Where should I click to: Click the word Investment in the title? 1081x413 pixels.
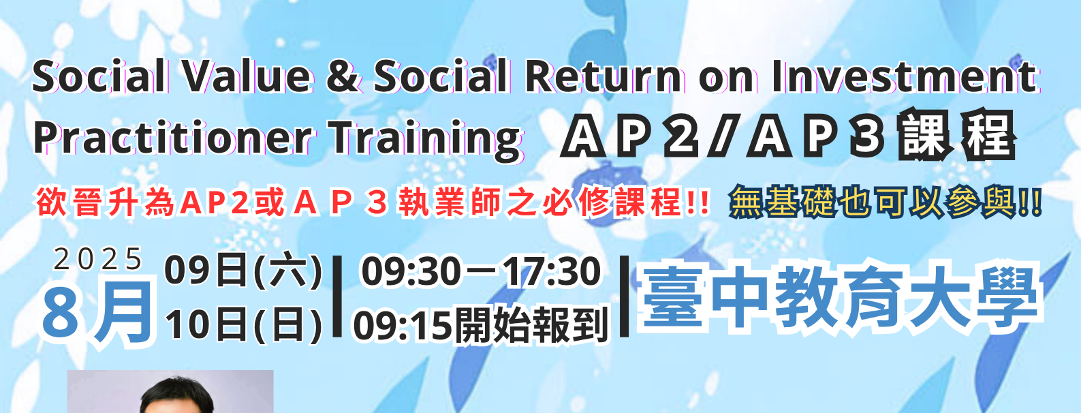tap(904, 76)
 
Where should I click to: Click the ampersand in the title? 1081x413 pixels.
tap(343, 76)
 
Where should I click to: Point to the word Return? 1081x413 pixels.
tap(604, 76)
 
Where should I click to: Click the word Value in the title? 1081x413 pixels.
tap(248, 76)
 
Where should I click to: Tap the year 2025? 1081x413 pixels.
tap(98, 260)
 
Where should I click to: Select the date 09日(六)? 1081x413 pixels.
tap(243, 271)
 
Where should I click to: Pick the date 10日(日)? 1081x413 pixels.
tap(243, 325)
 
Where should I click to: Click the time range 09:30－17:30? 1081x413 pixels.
tap(481, 271)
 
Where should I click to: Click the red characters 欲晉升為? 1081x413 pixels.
tap(105, 202)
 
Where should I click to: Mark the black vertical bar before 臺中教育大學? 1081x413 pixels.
tap(624, 296)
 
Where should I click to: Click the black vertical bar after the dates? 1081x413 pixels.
tap(337, 296)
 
